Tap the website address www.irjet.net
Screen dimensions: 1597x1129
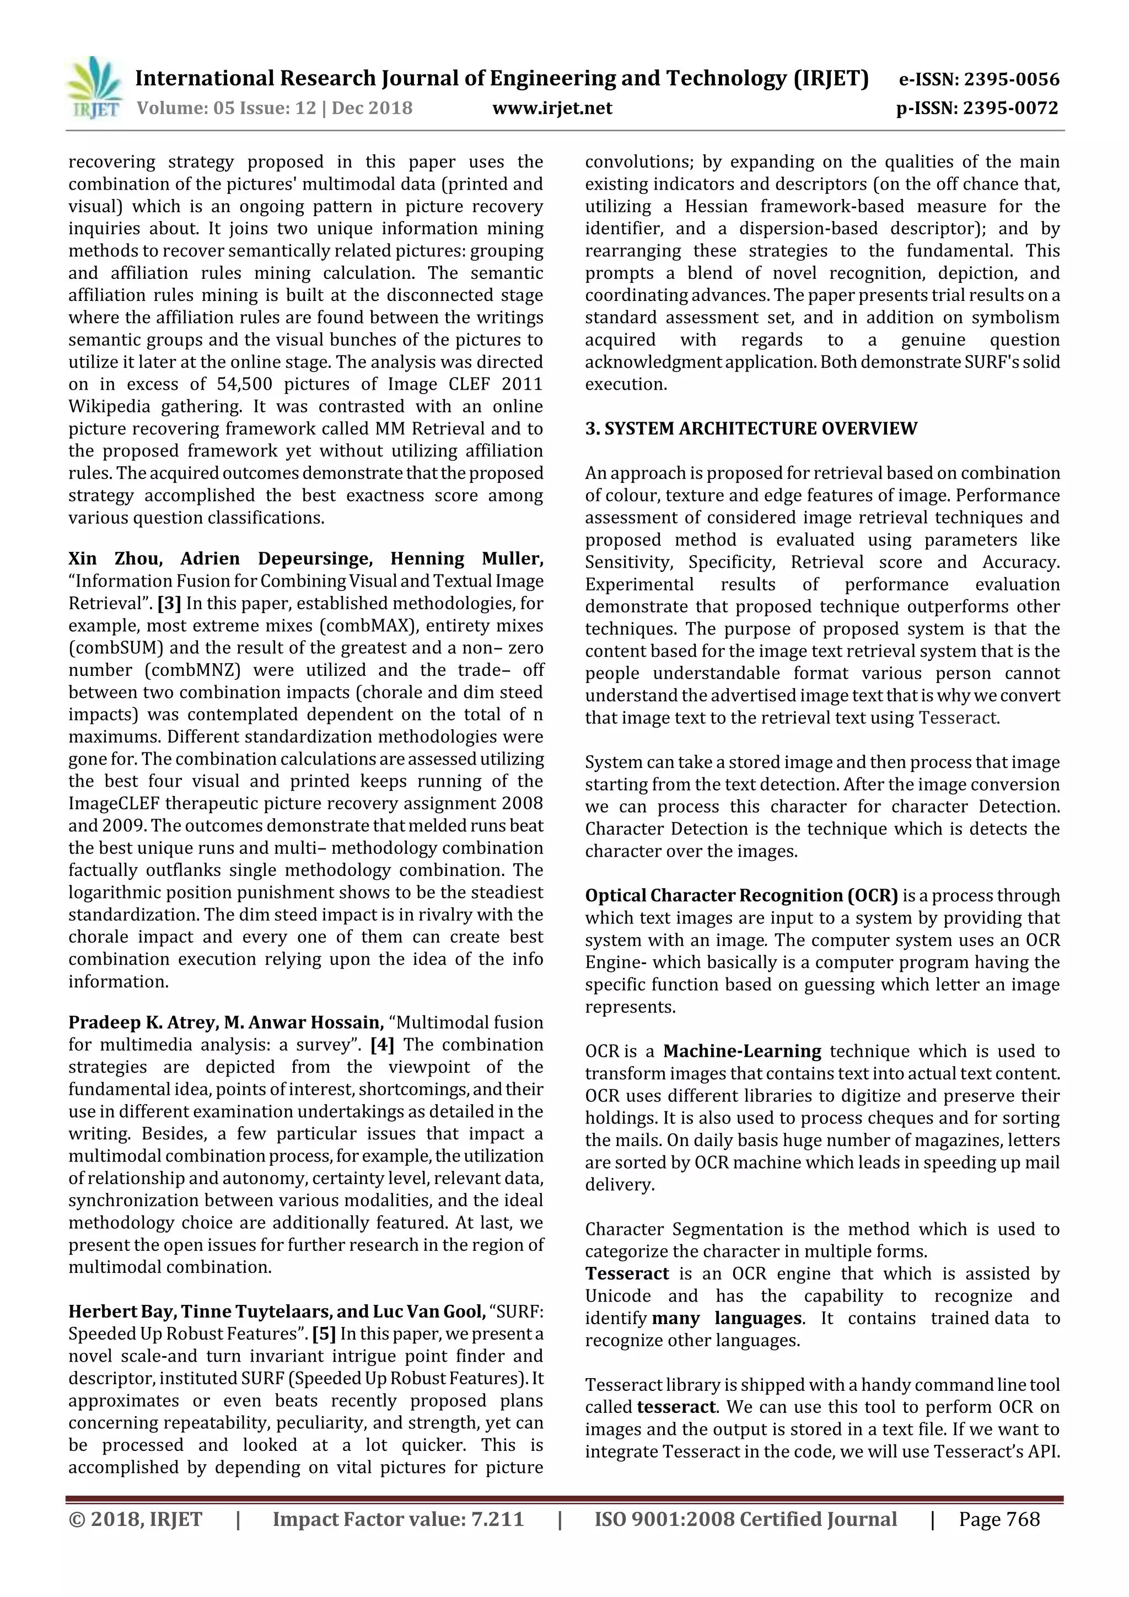552,108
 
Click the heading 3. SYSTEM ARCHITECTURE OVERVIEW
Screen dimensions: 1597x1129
751,428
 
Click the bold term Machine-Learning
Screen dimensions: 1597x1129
741,1051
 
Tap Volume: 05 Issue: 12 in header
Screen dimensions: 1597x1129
226,108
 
